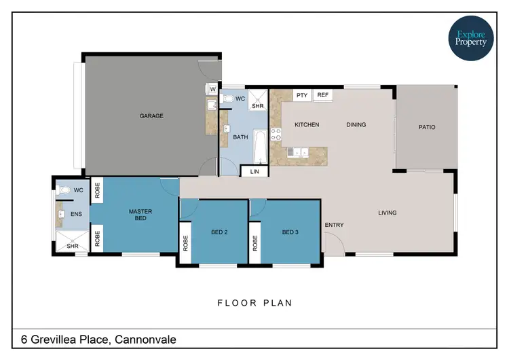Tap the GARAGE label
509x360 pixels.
[151, 116]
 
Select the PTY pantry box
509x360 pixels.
[302, 95]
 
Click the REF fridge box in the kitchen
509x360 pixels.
[322, 95]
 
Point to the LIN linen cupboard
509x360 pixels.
[254, 173]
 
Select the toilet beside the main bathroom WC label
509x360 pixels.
[228, 99]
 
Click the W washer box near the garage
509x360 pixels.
[212, 89]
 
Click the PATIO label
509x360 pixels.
[426, 127]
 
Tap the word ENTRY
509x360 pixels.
[334, 225]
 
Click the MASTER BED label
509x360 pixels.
[140, 215]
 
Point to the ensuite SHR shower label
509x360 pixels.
[72, 246]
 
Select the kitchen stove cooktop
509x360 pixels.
[276, 134]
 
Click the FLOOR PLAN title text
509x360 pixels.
[254, 303]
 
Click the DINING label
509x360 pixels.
[356, 125]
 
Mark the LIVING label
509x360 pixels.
[387, 213]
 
